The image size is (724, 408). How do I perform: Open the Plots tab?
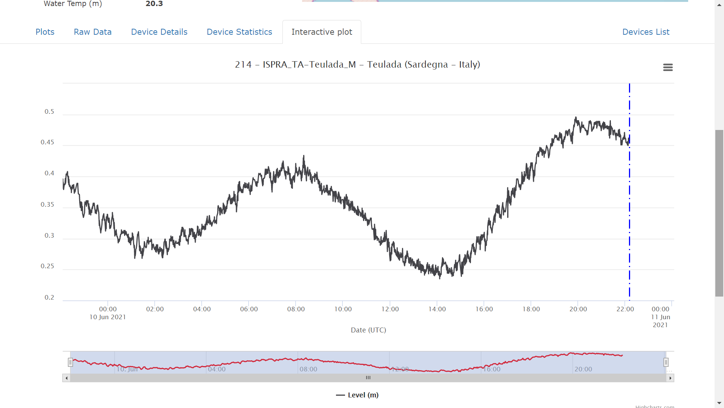(x=45, y=32)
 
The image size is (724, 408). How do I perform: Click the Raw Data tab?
(x=93, y=32)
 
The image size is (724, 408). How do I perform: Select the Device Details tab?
(x=159, y=32)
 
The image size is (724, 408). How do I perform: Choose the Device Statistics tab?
(x=239, y=32)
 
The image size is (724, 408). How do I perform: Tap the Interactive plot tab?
(x=322, y=32)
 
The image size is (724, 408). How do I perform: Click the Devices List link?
(x=646, y=32)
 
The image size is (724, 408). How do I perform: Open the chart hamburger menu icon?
(x=668, y=67)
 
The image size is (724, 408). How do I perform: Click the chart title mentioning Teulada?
(x=357, y=65)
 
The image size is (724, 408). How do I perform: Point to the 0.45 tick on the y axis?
(x=48, y=142)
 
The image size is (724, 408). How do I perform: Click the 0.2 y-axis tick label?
(x=49, y=298)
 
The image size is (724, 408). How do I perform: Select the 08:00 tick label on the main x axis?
(x=296, y=309)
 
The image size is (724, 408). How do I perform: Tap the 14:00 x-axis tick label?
(x=437, y=309)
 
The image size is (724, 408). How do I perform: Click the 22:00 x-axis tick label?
(x=625, y=309)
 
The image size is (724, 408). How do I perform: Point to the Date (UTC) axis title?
(x=368, y=330)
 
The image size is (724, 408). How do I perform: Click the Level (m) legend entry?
(x=357, y=395)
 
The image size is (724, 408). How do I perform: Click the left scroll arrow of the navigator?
(x=67, y=378)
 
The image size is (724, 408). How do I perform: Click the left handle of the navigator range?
(x=70, y=363)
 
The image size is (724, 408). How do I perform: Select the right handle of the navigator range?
(x=666, y=363)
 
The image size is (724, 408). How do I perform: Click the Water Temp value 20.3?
(x=154, y=4)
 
